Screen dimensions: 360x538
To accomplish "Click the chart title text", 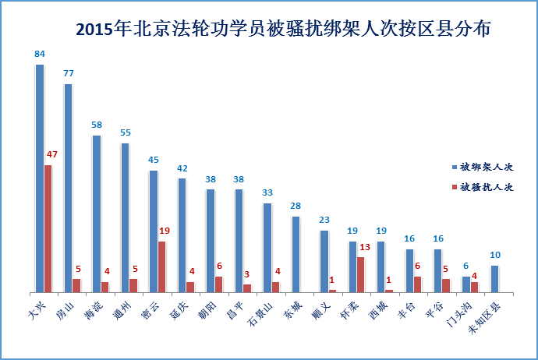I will tap(283, 30).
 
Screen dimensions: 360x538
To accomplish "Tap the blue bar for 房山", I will tap(68, 188).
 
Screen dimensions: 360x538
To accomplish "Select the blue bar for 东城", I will tap(296, 254).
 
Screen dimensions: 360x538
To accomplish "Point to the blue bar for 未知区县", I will tap(494, 278).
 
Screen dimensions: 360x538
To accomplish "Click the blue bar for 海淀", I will tap(96, 214).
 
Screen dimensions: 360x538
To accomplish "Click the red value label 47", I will tap(52, 154).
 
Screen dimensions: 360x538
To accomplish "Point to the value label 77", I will tap(68, 74).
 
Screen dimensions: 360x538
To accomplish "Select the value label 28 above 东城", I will tap(296, 206).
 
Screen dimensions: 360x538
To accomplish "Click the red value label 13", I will tap(365, 247).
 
